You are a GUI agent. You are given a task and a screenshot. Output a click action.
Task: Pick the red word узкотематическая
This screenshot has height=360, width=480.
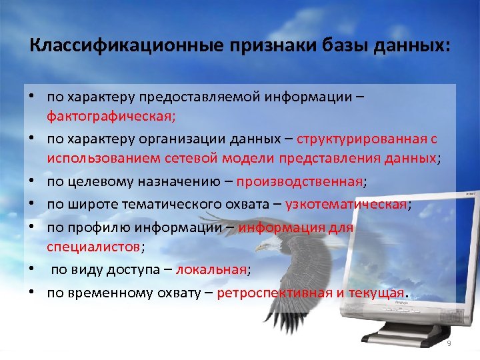coord(345,204)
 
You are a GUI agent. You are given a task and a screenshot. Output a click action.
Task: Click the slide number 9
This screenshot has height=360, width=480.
coord(449,343)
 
